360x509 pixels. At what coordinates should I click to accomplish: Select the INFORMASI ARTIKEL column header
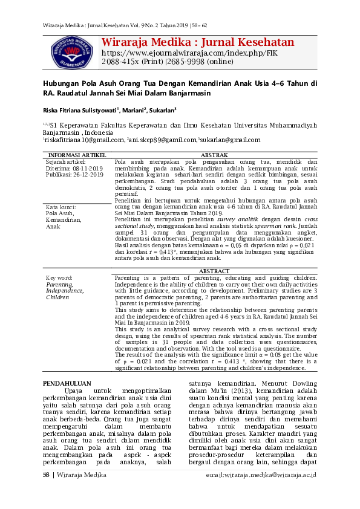point(77,155)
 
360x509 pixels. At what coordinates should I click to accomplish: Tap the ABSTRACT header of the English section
point(215,271)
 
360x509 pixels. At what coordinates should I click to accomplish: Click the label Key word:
point(59,277)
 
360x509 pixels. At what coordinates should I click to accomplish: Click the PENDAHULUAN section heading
point(67,384)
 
